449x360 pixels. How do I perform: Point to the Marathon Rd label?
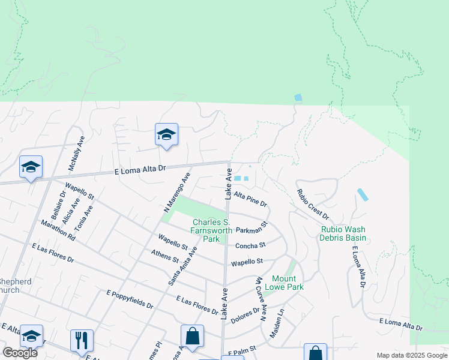pyautogui.click(x=58, y=230)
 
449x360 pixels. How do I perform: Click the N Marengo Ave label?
pyautogui.click(x=177, y=193)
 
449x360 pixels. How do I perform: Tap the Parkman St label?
pyautogui.click(x=251, y=229)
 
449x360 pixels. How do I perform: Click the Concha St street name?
pyautogui.click(x=250, y=245)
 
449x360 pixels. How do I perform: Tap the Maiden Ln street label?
pyautogui.click(x=276, y=324)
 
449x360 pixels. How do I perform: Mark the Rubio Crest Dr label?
pyautogui.click(x=313, y=204)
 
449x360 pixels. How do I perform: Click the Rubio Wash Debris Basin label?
pyautogui.click(x=343, y=233)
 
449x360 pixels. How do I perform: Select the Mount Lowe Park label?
pyautogui.click(x=288, y=283)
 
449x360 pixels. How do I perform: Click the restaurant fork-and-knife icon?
pyautogui.click(x=82, y=340)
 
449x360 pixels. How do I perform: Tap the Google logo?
pyautogui.click(x=20, y=353)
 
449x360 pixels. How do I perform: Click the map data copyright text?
pyautogui.click(x=411, y=355)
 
